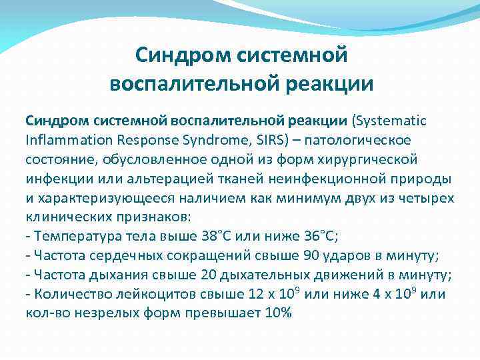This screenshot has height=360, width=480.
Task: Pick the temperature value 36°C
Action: (315, 236)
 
